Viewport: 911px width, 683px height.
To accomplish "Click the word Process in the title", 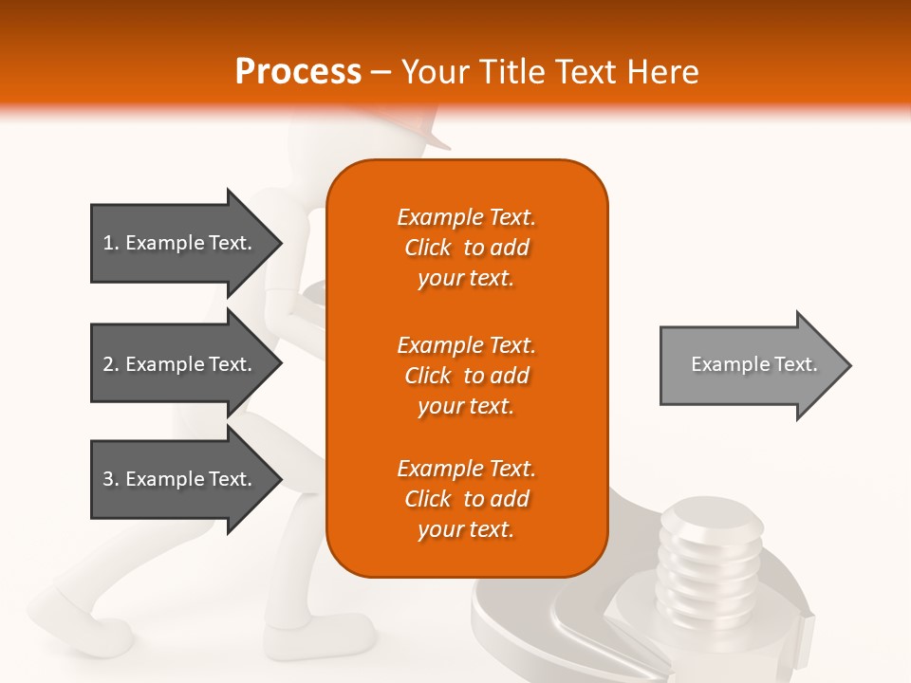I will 298,72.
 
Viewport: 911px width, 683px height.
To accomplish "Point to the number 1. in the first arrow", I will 111,243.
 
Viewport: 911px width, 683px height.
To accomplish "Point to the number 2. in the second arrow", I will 111,364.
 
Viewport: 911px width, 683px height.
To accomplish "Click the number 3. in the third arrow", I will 111,479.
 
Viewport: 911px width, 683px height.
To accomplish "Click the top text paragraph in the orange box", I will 466,248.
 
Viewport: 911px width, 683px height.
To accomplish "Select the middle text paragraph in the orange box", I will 466,376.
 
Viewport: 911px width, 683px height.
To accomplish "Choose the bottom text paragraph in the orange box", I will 466,499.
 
